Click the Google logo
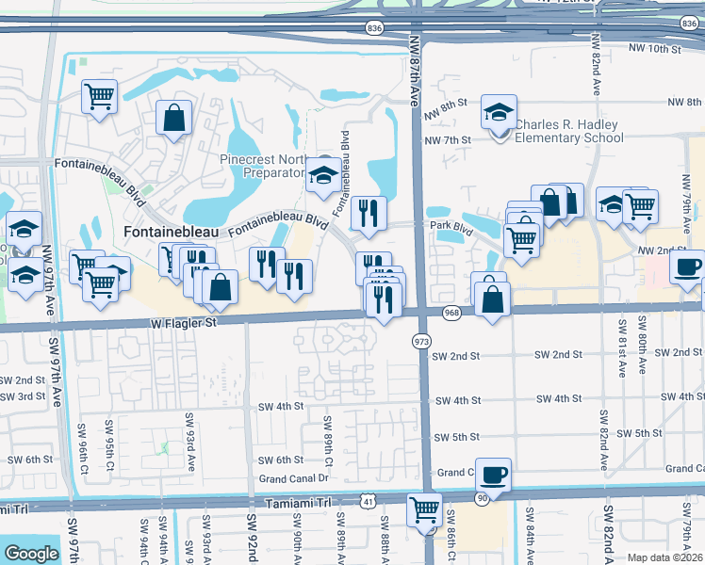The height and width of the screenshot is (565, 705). [x=31, y=553]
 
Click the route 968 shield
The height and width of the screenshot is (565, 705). [x=451, y=312]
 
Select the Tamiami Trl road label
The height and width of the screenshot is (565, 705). [x=300, y=506]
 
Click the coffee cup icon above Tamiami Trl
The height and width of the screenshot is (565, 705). [x=493, y=474]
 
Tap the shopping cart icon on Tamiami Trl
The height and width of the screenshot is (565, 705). [x=424, y=509]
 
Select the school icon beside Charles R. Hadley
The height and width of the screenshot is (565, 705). [x=499, y=112]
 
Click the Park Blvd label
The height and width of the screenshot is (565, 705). [x=451, y=226]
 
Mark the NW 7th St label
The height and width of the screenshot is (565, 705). [x=448, y=140]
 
